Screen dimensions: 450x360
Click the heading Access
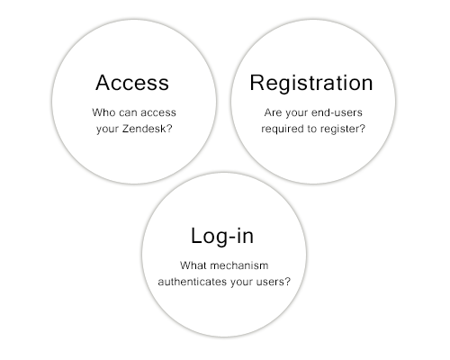132,83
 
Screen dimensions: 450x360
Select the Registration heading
311,84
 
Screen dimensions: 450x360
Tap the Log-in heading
222,237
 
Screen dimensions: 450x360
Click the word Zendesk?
148,129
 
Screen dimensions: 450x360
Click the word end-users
337,112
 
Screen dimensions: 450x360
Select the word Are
273,112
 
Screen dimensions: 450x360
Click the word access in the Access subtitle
158,112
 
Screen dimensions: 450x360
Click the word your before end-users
296,113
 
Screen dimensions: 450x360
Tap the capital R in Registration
256,83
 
